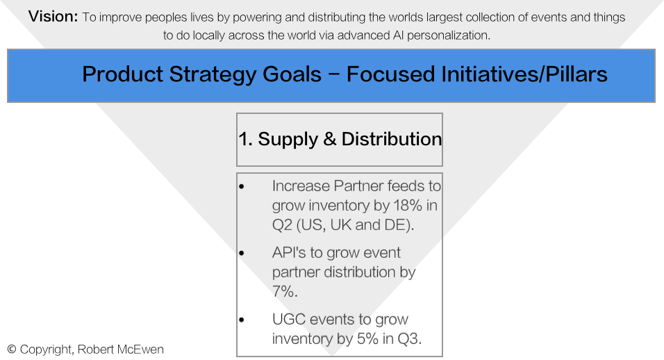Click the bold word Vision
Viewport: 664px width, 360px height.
click(53, 17)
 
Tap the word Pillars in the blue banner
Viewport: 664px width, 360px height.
click(576, 74)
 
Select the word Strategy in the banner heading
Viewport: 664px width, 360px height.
click(212, 75)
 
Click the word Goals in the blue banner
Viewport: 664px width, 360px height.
click(292, 74)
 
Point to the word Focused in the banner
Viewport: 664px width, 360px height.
click(390, 74)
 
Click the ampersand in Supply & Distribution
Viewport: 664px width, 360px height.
click(329, 139)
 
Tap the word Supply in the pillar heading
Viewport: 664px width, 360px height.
click(288, 140)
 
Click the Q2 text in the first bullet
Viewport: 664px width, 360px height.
click(282, 225)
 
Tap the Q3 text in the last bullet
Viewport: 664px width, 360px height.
click(409, 339)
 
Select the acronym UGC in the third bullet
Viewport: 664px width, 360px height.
click(290, 319)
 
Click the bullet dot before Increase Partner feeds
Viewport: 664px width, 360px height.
click(242, 187)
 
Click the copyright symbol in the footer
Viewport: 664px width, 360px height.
click(12, 350)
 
